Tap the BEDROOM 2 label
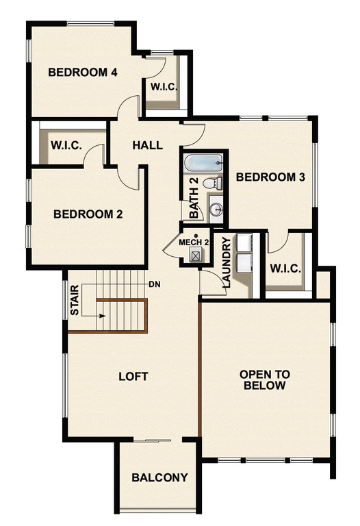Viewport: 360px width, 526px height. [88, 214]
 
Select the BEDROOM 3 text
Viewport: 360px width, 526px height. [270, 177]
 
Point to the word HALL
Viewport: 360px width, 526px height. [148, 145]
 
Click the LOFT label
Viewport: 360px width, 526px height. [133, 376]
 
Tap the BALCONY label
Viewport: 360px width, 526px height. [159, 477]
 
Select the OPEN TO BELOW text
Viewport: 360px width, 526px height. [264, 380]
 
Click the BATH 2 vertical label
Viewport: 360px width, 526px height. [194, 199]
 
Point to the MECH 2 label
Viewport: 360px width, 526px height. [194, 242]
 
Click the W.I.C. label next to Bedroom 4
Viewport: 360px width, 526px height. [164, 87]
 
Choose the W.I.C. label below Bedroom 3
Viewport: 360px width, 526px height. [285, 268]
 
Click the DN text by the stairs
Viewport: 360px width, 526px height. [154, 284]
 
